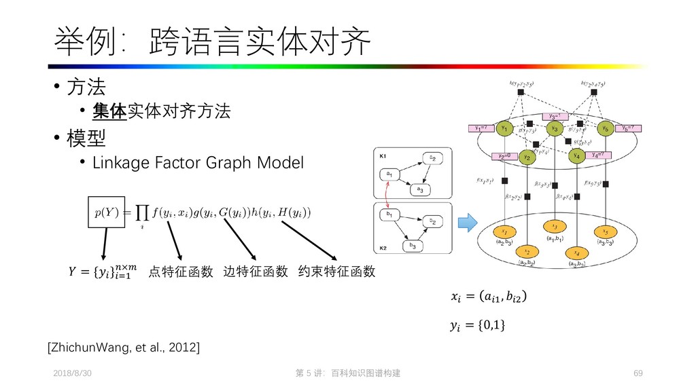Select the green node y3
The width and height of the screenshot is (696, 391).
(555, 128)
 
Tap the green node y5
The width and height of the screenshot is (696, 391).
(604, 128)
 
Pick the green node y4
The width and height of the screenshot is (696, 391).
(577, 156)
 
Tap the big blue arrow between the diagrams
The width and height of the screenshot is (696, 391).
(468, 222)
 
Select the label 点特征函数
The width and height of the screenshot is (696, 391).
(181, 272)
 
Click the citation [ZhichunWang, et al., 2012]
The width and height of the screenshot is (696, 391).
(123, 348)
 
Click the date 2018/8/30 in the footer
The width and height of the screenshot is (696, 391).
(72, 374)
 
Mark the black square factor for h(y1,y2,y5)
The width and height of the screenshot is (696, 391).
(520, 92)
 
